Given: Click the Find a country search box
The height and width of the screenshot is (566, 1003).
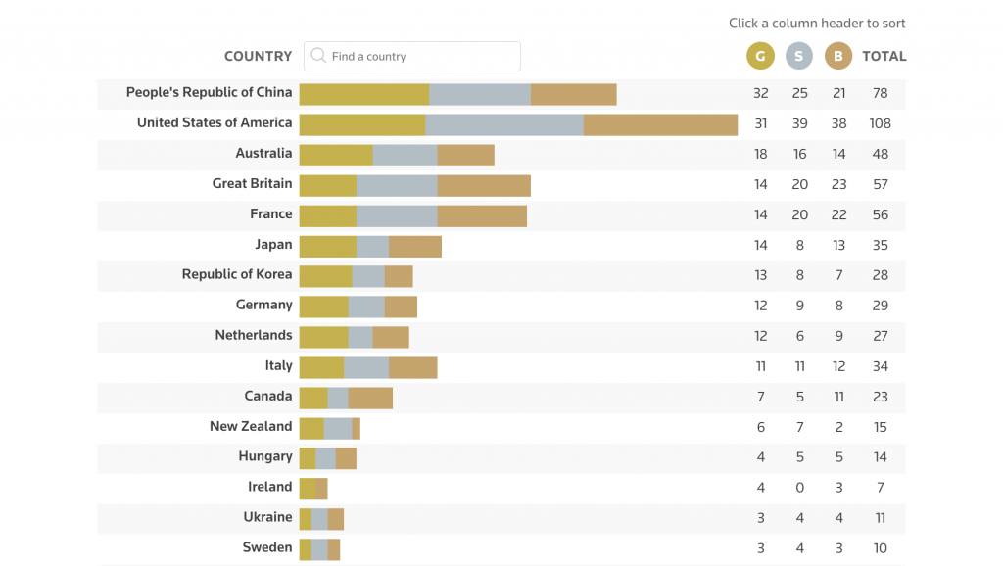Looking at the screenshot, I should click(421, 56).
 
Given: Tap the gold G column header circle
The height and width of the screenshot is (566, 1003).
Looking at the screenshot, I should click(760, 56).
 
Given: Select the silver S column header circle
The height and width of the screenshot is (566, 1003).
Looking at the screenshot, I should click(799, 56).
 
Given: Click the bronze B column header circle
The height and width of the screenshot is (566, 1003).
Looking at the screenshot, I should click(838, 56).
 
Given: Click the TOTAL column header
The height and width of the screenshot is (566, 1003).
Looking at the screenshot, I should click(884, 56).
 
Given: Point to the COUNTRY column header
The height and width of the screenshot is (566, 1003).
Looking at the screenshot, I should click(258, 56).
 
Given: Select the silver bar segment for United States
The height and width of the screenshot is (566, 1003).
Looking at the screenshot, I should click(504, 124).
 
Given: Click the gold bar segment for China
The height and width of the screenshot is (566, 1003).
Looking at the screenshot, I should click(363, 94).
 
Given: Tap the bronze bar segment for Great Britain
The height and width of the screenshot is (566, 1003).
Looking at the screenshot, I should click(484, 185).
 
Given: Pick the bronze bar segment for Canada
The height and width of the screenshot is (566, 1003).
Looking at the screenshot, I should click(370, 398).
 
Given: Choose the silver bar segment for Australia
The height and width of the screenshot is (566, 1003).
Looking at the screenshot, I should click(405, 155).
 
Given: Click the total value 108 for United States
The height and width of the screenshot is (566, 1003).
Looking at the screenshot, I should click(880, 124).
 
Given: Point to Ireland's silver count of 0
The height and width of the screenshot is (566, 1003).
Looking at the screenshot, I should click(799, 488).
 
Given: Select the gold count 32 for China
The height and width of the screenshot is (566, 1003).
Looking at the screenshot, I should click(760, 93).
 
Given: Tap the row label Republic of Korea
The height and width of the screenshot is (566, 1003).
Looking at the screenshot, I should click(237, 274).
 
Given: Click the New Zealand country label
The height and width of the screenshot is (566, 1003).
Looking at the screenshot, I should click(251, 426).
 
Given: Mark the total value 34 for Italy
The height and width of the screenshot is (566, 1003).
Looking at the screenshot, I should click(880, 366).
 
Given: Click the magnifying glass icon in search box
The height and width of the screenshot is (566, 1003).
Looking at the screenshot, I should click(317, 56).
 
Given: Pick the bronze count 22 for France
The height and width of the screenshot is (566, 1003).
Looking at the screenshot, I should click(838, 214).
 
